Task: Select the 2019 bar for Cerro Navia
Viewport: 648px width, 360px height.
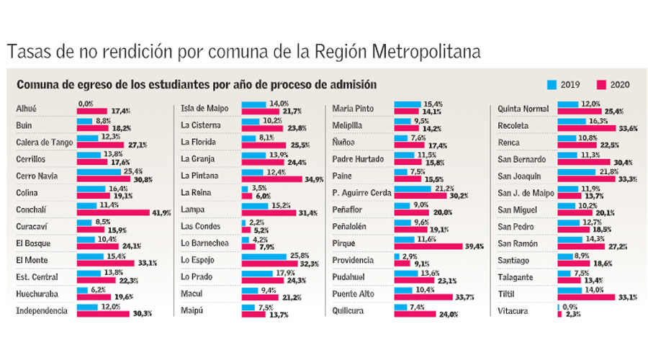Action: tap(101, 171)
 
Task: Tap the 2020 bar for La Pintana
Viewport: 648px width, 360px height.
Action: tap(274, 179)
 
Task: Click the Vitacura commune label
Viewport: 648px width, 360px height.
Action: tap(513, 310)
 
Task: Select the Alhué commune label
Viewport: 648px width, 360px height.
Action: tap(27, 109)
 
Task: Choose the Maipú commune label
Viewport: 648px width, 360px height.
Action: tap(192, 310)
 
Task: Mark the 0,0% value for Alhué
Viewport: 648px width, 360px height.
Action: tap(86, 104)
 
